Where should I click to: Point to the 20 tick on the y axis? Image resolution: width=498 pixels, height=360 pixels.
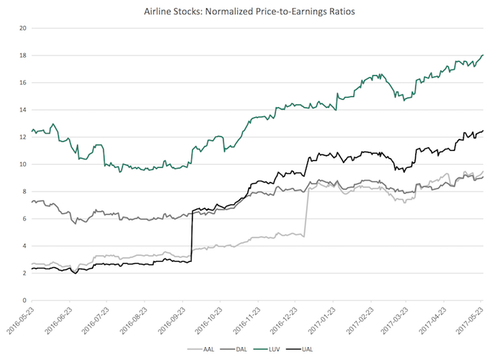coord(22,29)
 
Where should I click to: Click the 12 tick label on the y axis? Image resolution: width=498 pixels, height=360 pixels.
coord(22,138)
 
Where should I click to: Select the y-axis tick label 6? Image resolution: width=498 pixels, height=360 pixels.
coord(24,219)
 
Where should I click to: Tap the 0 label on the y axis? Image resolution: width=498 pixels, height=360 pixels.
coord(24,300)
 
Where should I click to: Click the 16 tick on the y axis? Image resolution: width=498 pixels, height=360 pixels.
coord(22,83)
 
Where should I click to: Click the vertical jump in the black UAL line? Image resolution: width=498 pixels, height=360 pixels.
coord(192,235)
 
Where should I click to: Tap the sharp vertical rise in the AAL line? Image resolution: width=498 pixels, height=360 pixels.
coord(306,211)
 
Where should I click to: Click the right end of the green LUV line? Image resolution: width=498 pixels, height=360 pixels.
coord(483,55)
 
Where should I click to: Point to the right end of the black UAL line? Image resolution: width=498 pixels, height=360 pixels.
coord(483,131)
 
